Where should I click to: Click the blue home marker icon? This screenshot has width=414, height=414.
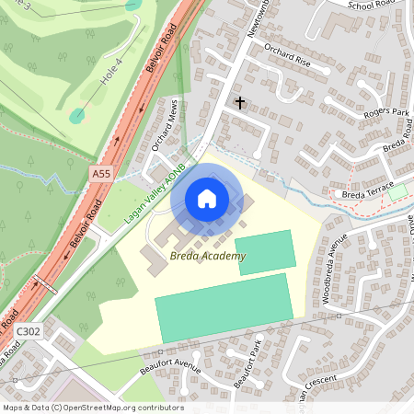click(207, 199)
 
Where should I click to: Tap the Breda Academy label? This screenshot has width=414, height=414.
click(207, 256)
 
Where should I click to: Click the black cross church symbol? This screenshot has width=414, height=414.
click(241, 102)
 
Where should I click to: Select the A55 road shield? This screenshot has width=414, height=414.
click(101, 173)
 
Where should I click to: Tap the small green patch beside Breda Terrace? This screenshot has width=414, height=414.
click(397, 192)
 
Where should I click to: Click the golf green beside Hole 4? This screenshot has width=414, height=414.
click(76, 116)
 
